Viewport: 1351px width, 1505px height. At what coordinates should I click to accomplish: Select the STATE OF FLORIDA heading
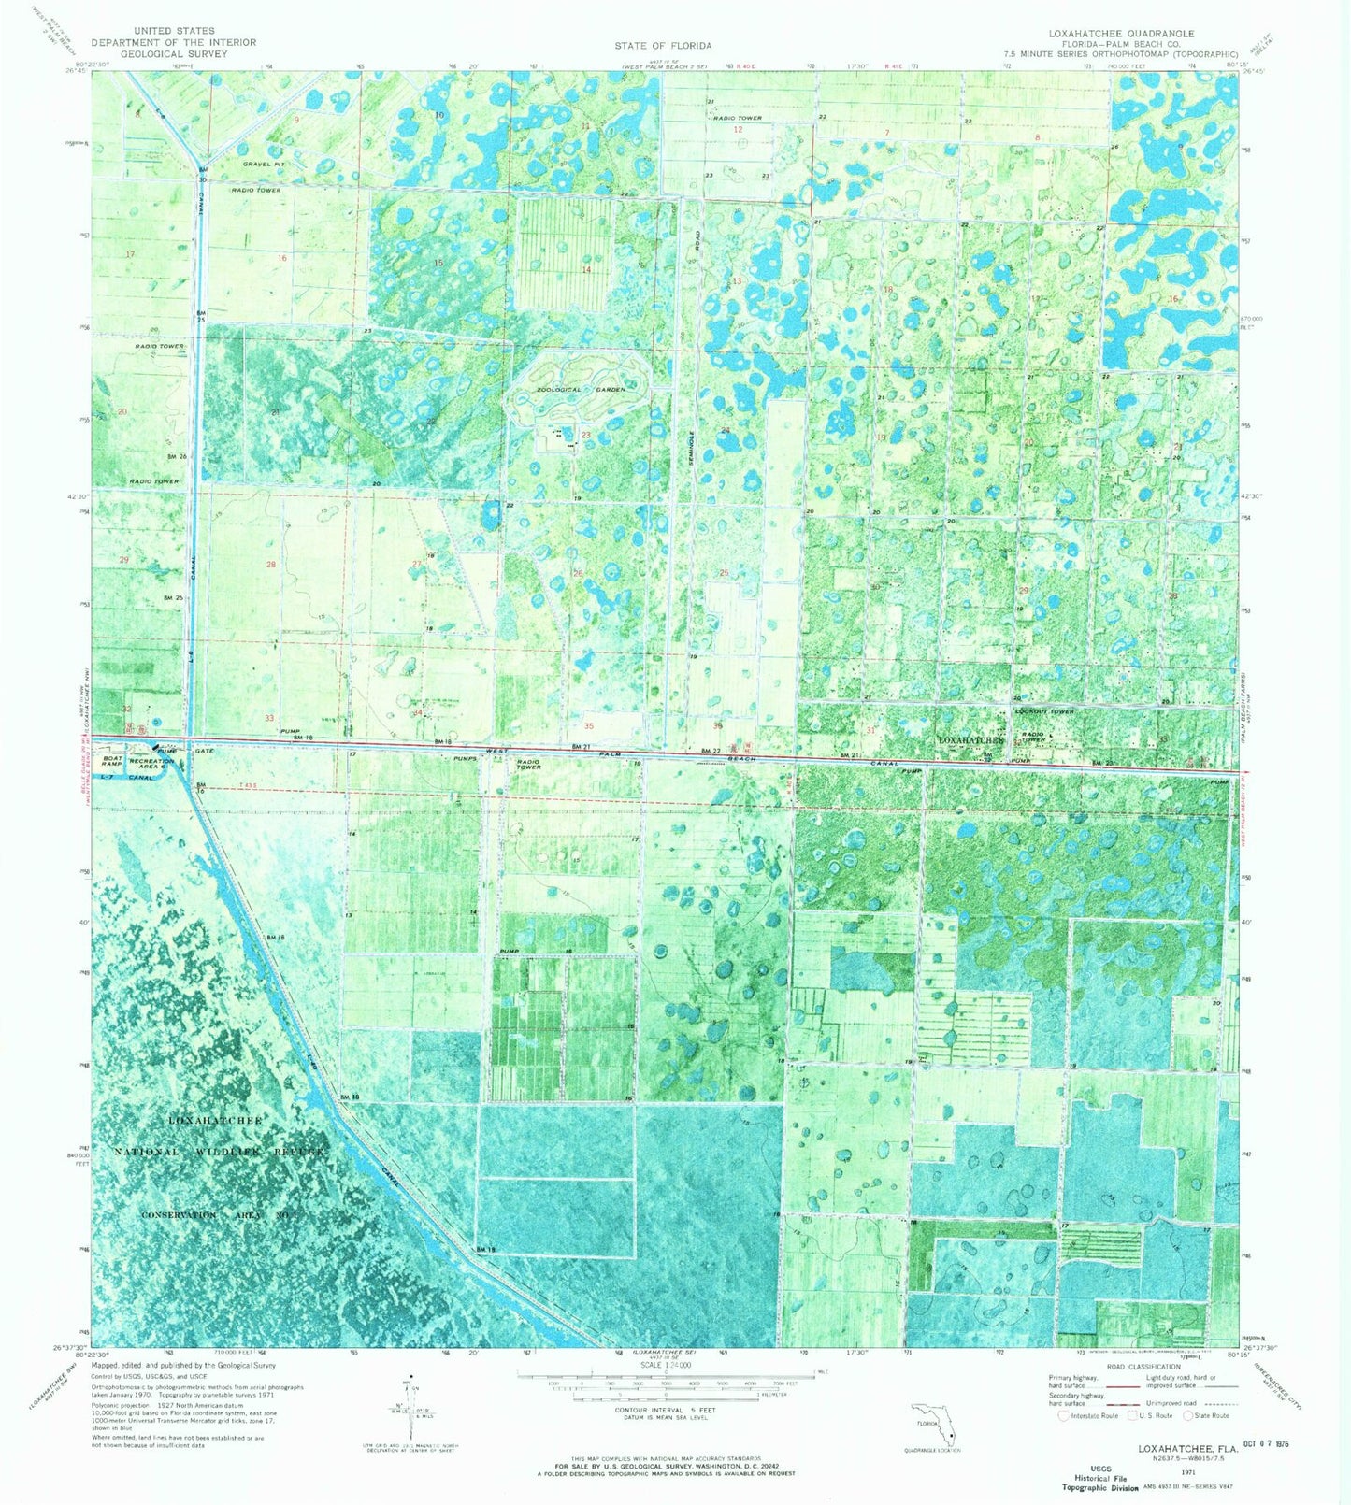click(x=663, y=45)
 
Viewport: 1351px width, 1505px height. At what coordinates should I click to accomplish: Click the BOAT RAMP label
click(x=113, y=762)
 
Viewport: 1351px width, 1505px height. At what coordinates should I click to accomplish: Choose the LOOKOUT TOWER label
click(x=1045, y=711)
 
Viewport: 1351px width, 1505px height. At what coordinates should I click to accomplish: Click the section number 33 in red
click(x=269, y=718)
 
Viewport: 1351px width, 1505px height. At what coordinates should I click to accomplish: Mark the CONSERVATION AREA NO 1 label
click(x=220, y=1214)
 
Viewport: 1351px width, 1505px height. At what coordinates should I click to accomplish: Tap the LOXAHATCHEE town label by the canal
click(x=970, y=739)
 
